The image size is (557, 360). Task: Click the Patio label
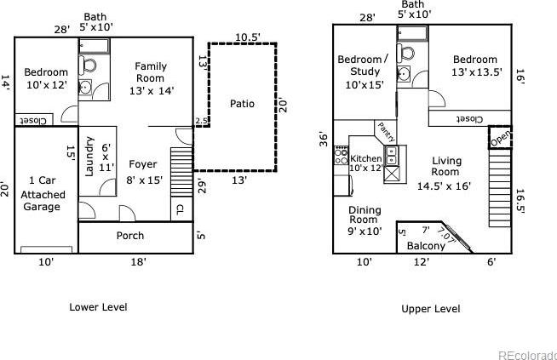click(x=242, y=104)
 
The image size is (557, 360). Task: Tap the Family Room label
click(x=151, y=72)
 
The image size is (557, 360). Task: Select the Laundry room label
click(x=89, y=157)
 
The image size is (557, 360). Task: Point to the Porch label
click(x=130, y=236)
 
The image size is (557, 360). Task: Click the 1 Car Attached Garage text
click(x=43, y=193)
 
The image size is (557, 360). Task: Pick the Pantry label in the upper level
click(x=386, y=132)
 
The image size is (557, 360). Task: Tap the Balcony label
click(x=426, y=246)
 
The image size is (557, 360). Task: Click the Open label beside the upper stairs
click(x=501, y=138)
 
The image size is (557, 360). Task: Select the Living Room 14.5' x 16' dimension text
click(x=444, y=186)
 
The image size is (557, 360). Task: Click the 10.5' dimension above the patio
click(x=248, y=37)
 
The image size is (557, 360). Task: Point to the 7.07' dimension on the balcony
click(x=445, y=236)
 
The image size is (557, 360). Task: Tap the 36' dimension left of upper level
click(x=323, y=139)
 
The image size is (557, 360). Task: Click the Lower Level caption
click(x=98, y=307)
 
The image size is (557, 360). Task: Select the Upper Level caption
click(x=431, y=309)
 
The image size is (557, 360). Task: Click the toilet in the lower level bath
click(x=88, y=66)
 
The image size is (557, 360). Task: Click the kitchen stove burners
click(x=341, y=155)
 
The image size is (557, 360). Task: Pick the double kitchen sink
click(x=392, y=156)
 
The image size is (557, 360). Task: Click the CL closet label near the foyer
click(x=180, y=209)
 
